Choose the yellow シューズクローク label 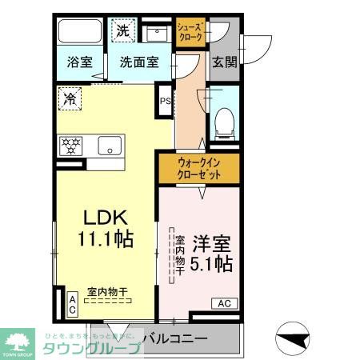click(x=190, y=32)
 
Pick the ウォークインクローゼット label click(x=198, y=168)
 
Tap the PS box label click(x=165, y=101)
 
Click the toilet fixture click(x=224, y=122)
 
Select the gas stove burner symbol click(x=72, y=146)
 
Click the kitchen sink click(x=110, y=146)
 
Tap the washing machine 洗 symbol click(x=123, y=30)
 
